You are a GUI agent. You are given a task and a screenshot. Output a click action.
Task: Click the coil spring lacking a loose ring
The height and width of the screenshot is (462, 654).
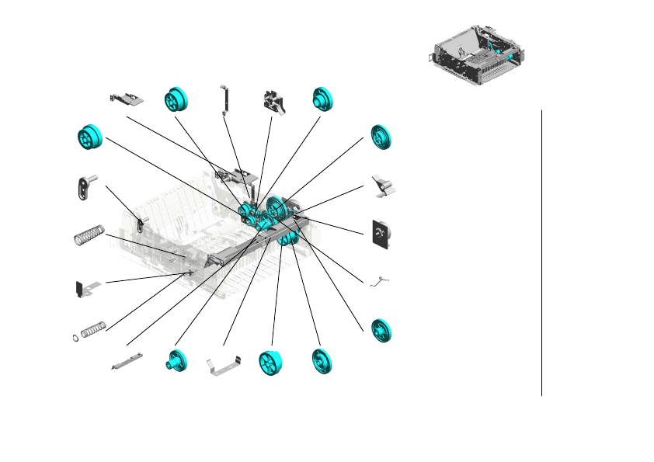coord(88,235)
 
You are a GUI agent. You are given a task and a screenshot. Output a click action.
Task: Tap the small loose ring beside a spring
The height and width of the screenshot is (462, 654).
coord(74,337)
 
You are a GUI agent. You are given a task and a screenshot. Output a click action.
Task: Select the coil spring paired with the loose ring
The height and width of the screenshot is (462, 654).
coord(93,329)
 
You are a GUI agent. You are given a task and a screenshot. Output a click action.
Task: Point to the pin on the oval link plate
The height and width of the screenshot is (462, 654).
coord(92,178)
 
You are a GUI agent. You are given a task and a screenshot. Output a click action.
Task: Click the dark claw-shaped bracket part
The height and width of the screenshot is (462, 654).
coord(273,102)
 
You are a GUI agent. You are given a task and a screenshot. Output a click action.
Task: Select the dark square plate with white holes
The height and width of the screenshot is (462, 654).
coord(381,234)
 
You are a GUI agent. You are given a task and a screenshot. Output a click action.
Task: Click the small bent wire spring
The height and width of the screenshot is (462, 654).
coord(379,282)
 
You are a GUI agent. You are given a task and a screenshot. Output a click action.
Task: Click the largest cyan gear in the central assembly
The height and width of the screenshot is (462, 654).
coord(278,208)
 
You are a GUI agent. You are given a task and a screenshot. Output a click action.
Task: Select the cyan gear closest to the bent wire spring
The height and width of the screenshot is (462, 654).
coord(381,329)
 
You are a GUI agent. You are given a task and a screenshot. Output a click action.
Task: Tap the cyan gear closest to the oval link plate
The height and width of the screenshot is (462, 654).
coord(91,137)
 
